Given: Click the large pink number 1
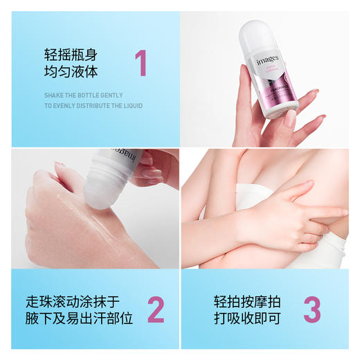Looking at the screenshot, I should point(141,63).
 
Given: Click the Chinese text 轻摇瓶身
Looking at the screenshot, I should point(68,53).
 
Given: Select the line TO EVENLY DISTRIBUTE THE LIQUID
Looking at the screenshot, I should point(93,106).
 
